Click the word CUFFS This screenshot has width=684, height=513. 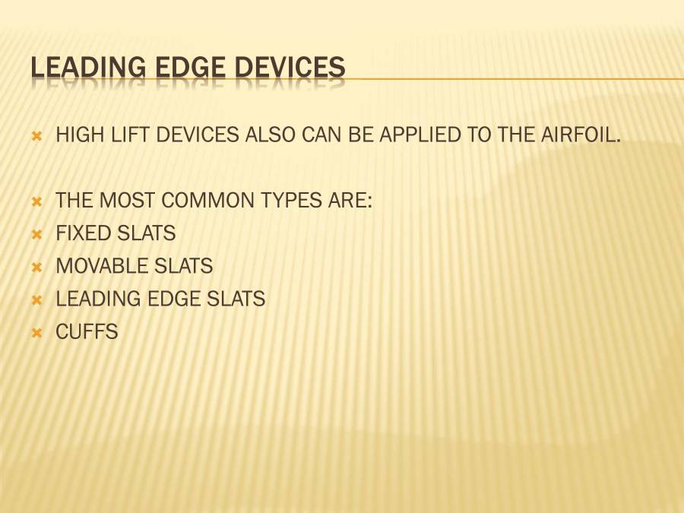point(87,332)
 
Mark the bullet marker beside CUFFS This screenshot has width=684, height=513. point(36,333)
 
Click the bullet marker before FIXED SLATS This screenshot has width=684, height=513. point(36,234)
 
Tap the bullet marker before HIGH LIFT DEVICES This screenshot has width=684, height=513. point(36,137)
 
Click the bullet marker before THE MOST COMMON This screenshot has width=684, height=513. point(36,202)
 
